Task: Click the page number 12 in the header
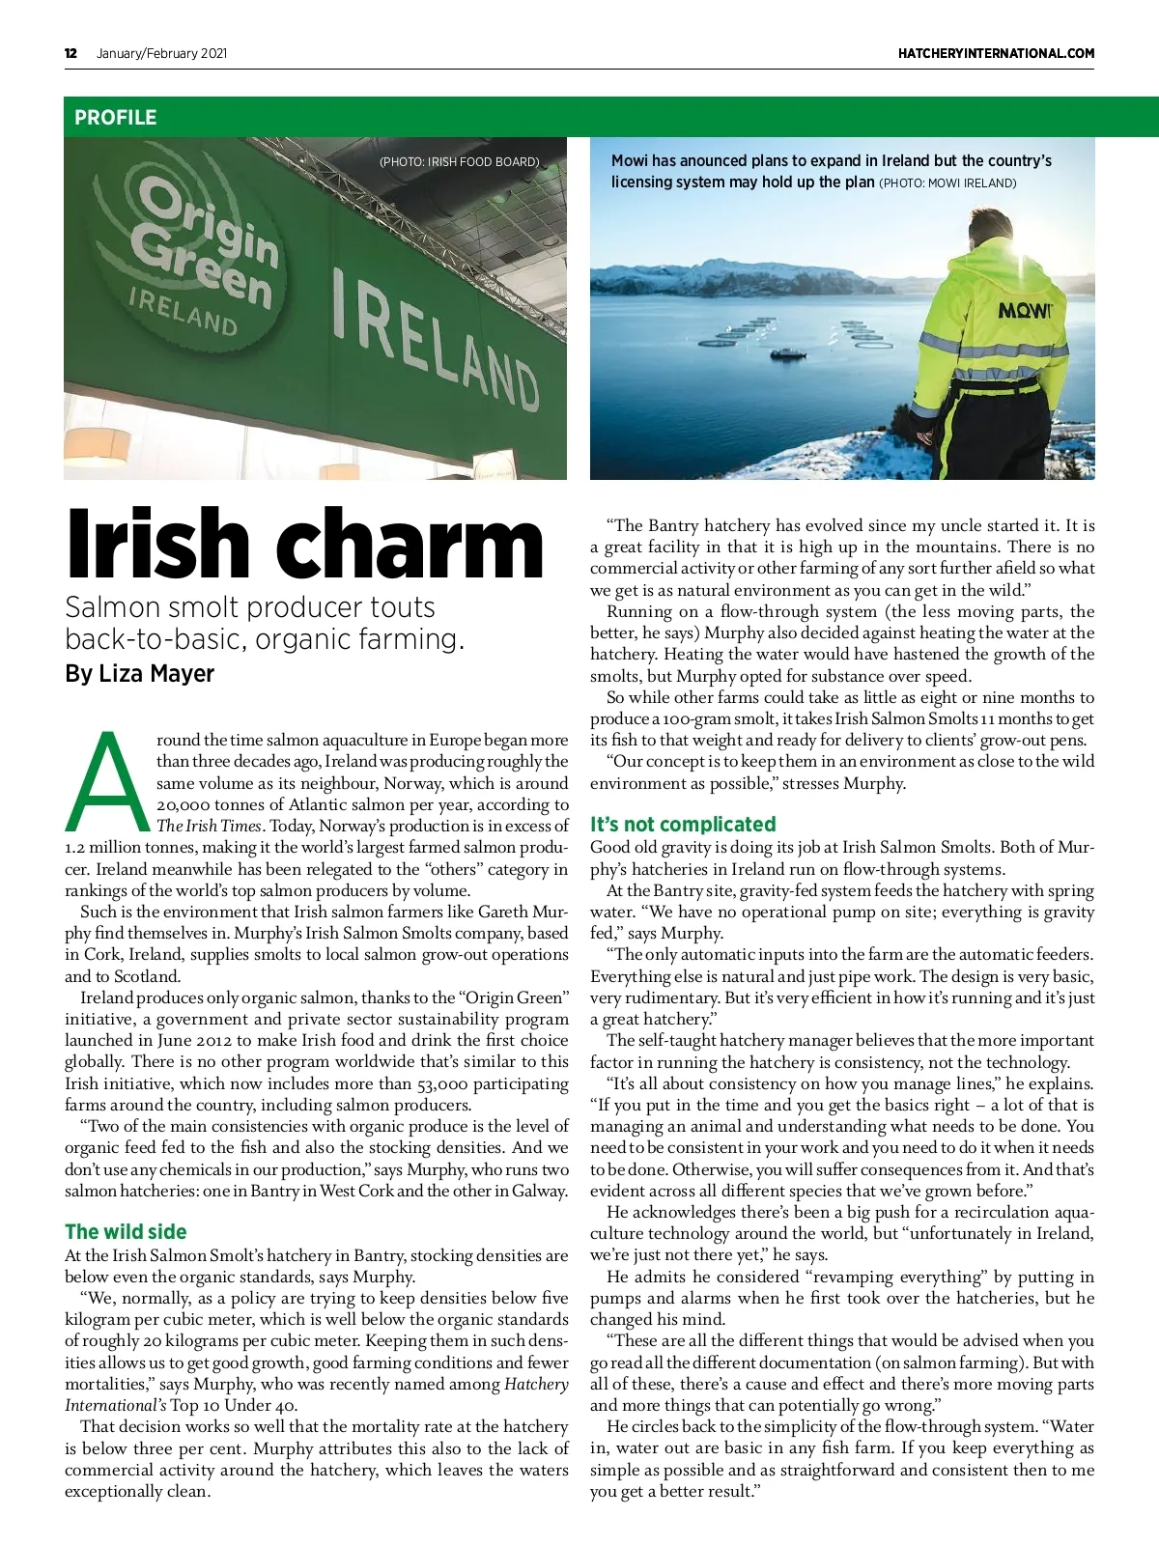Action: pos(71,53)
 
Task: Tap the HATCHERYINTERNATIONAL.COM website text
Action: pos(996,53)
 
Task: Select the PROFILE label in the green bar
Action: pos(115,118)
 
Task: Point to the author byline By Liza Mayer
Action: pos(139,673)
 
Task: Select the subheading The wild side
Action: pos(126,1231)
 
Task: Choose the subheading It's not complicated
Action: pos(683,824)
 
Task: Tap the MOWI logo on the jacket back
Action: pos(1025,310)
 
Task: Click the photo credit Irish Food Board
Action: pos(459,162)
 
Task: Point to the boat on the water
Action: pos(787,353)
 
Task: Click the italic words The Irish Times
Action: pos(209,826)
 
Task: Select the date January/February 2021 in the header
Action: pos(161,53)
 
